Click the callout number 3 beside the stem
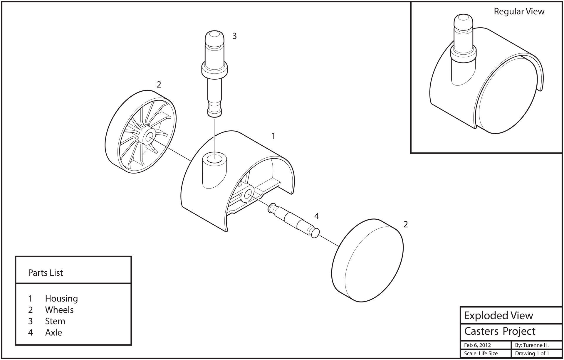click(234, 36)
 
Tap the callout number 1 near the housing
click(273, 136)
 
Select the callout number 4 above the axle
click(316, 216)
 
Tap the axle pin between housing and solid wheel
click(294, 221)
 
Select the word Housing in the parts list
click(61, 299)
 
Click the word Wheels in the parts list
click(59, 310)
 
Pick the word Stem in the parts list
click(55, 321)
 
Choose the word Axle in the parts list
click(53, 333)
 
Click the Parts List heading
click(46, 273)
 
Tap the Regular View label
click(519, 11)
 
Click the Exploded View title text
click(498, 316)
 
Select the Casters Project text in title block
click(500, 331)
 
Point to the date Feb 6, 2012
click(477, 345)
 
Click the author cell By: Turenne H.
click(532, 345)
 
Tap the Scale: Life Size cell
click(481, 353)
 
